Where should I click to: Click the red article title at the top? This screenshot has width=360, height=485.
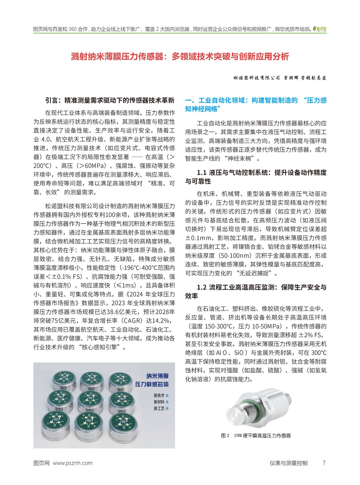point(180,57)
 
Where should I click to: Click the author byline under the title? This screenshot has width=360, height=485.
point(280,78)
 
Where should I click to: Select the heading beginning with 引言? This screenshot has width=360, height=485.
point(109,100)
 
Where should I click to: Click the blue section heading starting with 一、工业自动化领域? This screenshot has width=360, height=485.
point(256,104)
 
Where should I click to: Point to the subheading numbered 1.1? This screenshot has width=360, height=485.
point(256,177)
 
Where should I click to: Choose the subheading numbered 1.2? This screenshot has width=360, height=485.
point(256,292)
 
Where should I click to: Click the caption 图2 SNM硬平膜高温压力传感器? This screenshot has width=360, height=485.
point(256,435)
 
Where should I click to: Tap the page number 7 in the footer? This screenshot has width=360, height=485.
point(324,463)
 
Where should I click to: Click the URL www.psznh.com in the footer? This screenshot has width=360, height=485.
point(73,463)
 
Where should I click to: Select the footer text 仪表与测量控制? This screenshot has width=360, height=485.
point(288,463)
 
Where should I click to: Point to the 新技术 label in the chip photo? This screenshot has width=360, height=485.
point(159,396)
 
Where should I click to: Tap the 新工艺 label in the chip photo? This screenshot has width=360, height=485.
point(159,409)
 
